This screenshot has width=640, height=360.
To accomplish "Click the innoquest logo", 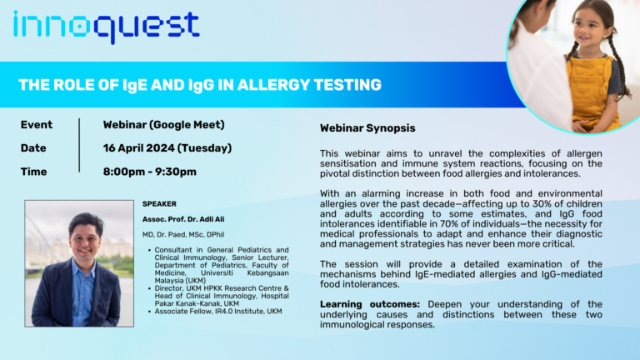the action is [x=107, y=27].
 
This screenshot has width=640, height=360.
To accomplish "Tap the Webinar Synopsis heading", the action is [x=367, y=128].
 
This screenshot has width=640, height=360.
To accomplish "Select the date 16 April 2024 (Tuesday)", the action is [x=167, y=148].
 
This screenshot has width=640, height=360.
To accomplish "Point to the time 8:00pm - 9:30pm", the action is [x=150, y=172].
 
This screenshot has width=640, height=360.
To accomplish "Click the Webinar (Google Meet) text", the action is [x=163, y=125].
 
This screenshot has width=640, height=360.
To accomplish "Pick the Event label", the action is [x=37, y=125].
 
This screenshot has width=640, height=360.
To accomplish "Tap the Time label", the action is [x=33, y=172].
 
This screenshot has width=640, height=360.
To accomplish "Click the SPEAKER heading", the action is [x=160, y=203].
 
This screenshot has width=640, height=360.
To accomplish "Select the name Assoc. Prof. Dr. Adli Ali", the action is [x=183, y=219].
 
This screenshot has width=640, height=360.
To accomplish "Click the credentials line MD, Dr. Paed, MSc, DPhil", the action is [x=183, y=235].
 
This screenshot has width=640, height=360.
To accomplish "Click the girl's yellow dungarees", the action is [x=590, y=92].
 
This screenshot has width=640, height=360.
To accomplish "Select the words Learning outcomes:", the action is [x=370, y=304].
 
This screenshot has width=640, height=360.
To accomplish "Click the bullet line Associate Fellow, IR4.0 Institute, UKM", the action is [x=218, y=312].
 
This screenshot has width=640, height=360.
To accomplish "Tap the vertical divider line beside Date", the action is [x=79, y=145].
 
